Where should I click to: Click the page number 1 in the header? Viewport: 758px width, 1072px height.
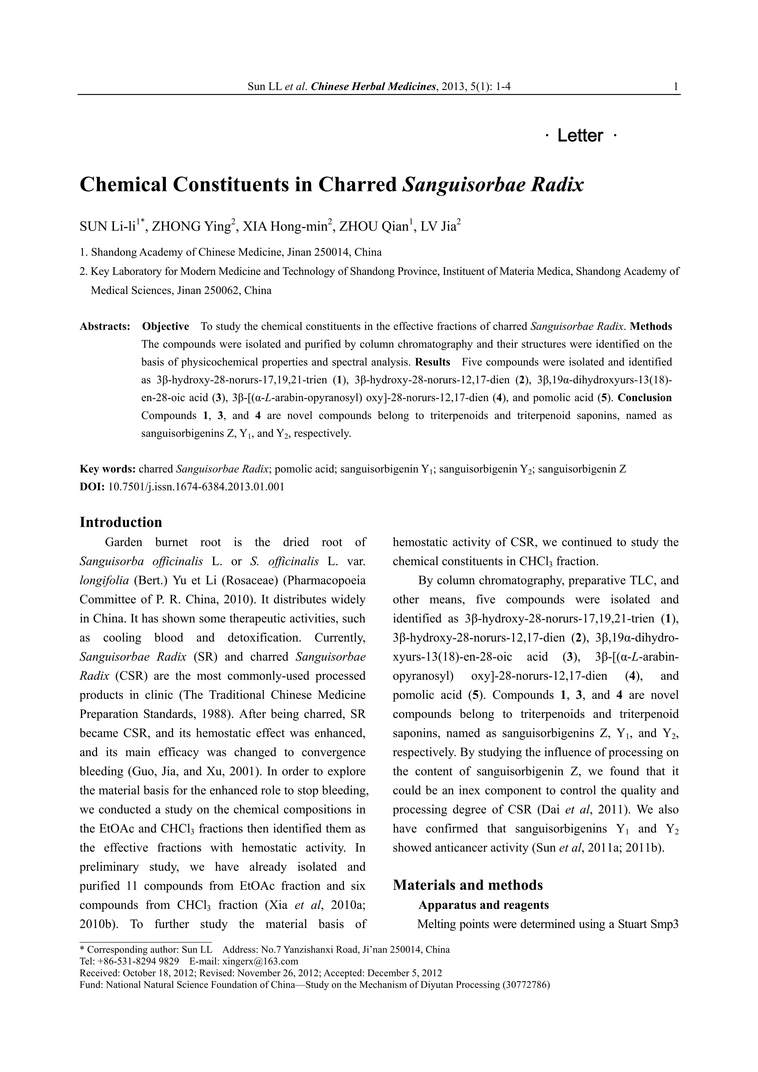[676, 86]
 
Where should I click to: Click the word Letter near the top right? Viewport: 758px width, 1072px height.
[580, 136]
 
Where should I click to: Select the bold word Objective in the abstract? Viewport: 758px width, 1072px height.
[165, 326]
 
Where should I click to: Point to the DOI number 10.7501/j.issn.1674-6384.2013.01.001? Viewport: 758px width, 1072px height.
[196, 487]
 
